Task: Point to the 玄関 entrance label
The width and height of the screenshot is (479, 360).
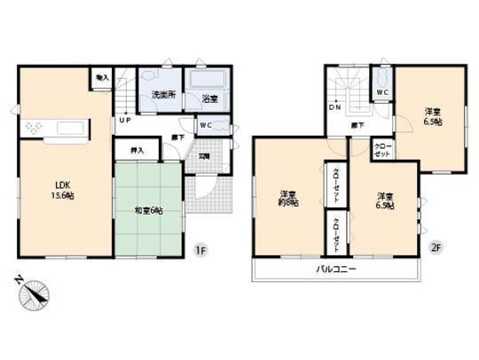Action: pyautogui.click(x=203, y=155)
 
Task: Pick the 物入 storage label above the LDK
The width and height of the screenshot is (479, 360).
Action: pyautogui.click(x=102, y=78)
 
